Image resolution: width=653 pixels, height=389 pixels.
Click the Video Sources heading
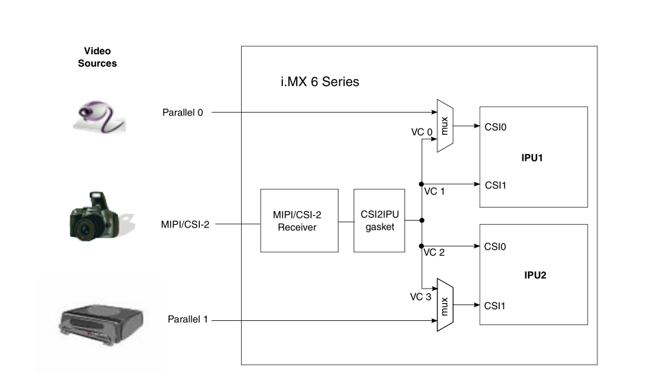[97, 57]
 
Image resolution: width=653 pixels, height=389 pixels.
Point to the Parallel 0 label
[183, 113]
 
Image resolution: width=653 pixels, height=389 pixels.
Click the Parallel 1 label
[187, 320]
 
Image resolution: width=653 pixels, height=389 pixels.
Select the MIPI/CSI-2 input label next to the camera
[185, 223]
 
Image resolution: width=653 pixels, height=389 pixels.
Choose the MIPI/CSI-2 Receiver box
[299, 220]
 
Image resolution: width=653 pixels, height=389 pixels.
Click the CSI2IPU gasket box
[379, 220]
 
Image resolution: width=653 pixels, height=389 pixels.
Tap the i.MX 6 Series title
[315, 82]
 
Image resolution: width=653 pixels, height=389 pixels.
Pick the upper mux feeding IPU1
[445, 125]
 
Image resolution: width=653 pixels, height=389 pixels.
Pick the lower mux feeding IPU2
[445, 304]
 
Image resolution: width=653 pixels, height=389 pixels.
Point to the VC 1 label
[434, 191]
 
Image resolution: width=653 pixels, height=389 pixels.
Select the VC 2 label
[434, 252]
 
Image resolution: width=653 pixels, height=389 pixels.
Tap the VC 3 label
[421, 297]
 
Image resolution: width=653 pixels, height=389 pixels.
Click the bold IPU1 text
[533, 158]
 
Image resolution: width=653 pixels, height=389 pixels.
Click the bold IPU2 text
[533, 275]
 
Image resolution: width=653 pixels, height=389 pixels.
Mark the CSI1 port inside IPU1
[496, 185]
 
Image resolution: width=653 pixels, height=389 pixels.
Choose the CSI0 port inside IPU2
[496, 246]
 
